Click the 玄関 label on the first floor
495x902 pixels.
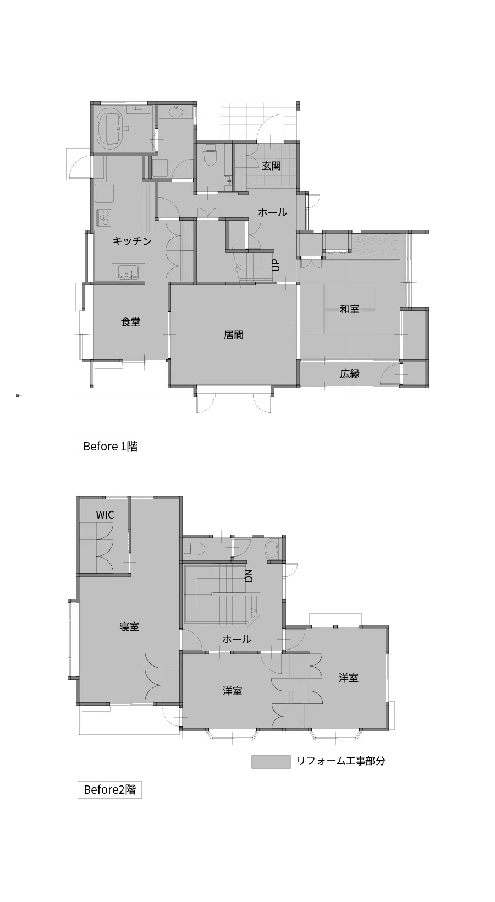tap(272, 166)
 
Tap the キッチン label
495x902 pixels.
tap(132, 241)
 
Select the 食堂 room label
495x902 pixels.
tap(130, 322)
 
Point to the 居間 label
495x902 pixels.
tap(234, 334)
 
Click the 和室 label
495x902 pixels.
tap(350, 309)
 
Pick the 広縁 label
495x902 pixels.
tap(350, 373)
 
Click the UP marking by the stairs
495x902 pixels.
tap(276, 265)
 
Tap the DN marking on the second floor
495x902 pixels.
tap(249, 576)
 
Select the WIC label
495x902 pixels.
tap(105, 515)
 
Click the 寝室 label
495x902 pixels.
tap(129, 626)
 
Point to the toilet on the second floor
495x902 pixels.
tap(194, 548)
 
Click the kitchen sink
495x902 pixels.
tap(129, 273)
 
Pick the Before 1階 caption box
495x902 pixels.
tap(111, 447)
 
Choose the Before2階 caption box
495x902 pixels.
tap(109, 790)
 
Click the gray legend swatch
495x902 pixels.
tap(271, 762)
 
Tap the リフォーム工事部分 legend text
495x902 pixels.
tap(341, 761)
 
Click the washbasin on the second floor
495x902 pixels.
tap(272, 549)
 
